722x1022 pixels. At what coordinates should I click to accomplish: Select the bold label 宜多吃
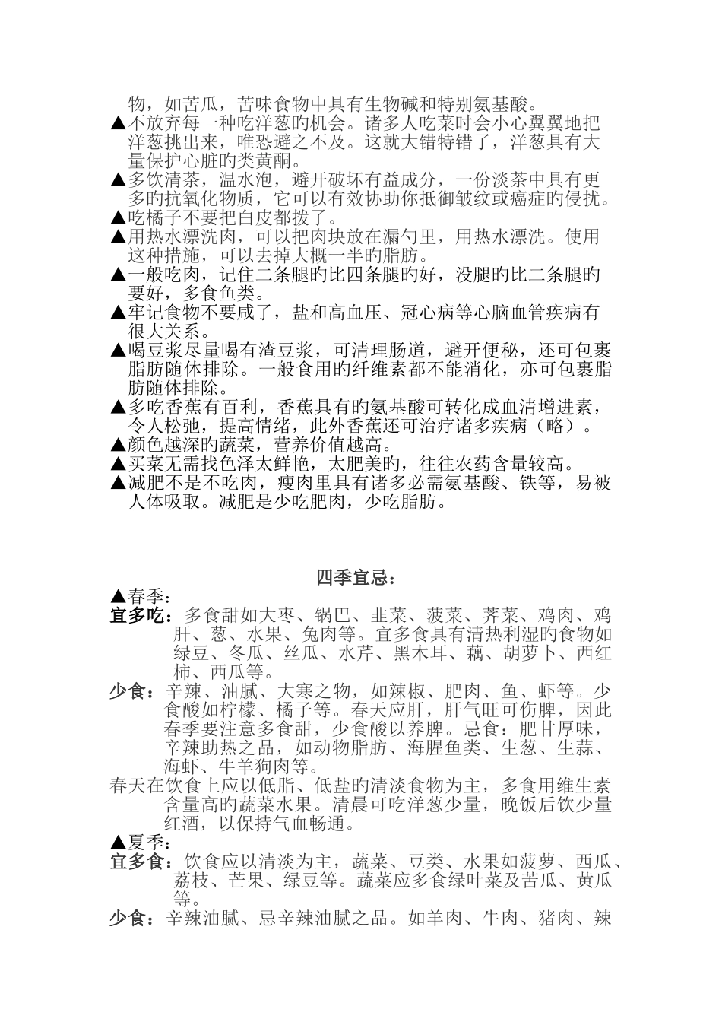[x=140, y=614]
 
